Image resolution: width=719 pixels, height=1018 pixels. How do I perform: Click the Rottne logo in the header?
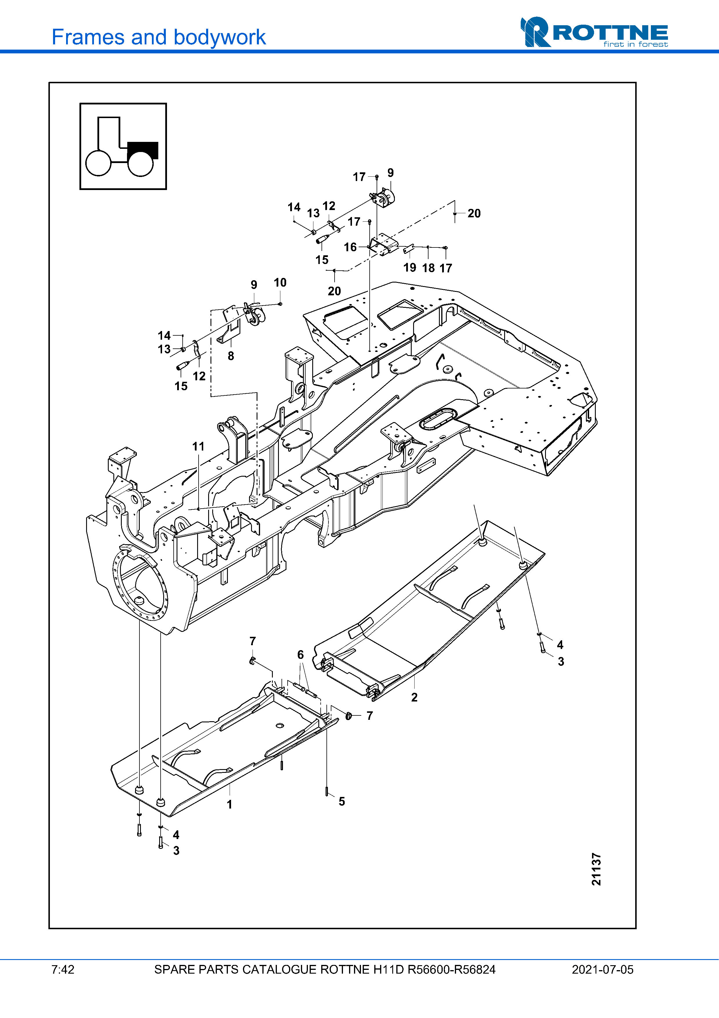594,32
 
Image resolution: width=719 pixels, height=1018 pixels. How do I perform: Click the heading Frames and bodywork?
159,37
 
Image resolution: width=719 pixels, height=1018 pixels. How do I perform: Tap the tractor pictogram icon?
123,146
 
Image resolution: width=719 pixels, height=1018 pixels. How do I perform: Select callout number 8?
231,356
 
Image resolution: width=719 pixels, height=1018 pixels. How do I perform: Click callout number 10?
280,283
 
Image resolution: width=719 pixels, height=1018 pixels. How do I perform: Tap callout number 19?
410,267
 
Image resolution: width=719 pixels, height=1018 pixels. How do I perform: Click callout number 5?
342,801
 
